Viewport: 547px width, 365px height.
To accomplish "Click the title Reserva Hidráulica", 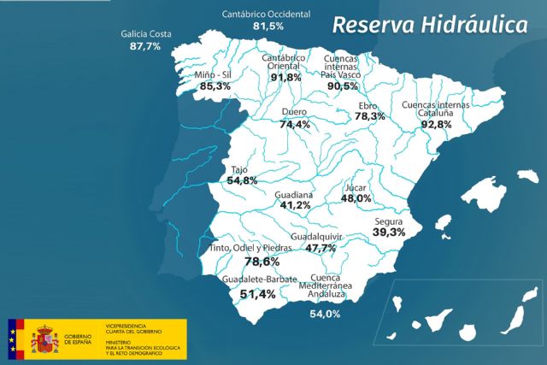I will [429, 26].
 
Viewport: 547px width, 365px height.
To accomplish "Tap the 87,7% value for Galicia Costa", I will [144, 47].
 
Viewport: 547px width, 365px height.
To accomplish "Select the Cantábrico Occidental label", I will [265, 15].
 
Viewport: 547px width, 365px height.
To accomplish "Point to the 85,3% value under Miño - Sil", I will [215, 86].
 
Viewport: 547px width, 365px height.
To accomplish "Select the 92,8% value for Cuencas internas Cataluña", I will [435, 124].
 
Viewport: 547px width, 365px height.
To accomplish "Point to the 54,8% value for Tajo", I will [241, 180].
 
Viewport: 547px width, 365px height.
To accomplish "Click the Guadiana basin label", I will [293, 195].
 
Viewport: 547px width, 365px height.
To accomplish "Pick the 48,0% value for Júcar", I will [356, 198].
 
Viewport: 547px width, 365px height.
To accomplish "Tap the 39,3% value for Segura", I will [389, 232].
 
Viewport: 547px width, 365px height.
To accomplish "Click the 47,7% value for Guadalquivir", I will [321, 248].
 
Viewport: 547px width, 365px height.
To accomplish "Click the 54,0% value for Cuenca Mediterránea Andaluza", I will [325, 314].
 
